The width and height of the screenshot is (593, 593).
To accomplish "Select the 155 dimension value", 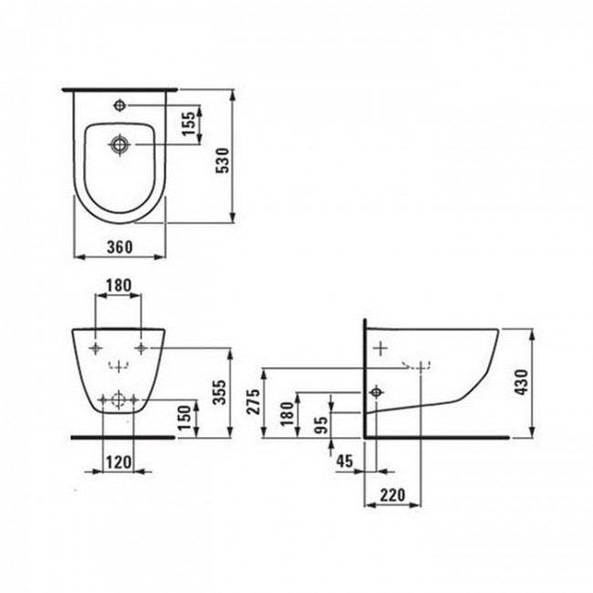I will (x=188, y=124).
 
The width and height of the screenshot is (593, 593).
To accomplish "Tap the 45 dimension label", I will (x=345, y=462).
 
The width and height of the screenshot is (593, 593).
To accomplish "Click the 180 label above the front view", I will (x=119, y=286).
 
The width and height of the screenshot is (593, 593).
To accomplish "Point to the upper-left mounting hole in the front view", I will (x=97, y=349).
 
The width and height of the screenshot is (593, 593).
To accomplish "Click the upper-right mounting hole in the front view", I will (x=140, y=349).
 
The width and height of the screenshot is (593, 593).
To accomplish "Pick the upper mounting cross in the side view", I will (x=380, y=348).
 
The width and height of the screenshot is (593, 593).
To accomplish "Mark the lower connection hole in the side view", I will (x=374, y=392).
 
